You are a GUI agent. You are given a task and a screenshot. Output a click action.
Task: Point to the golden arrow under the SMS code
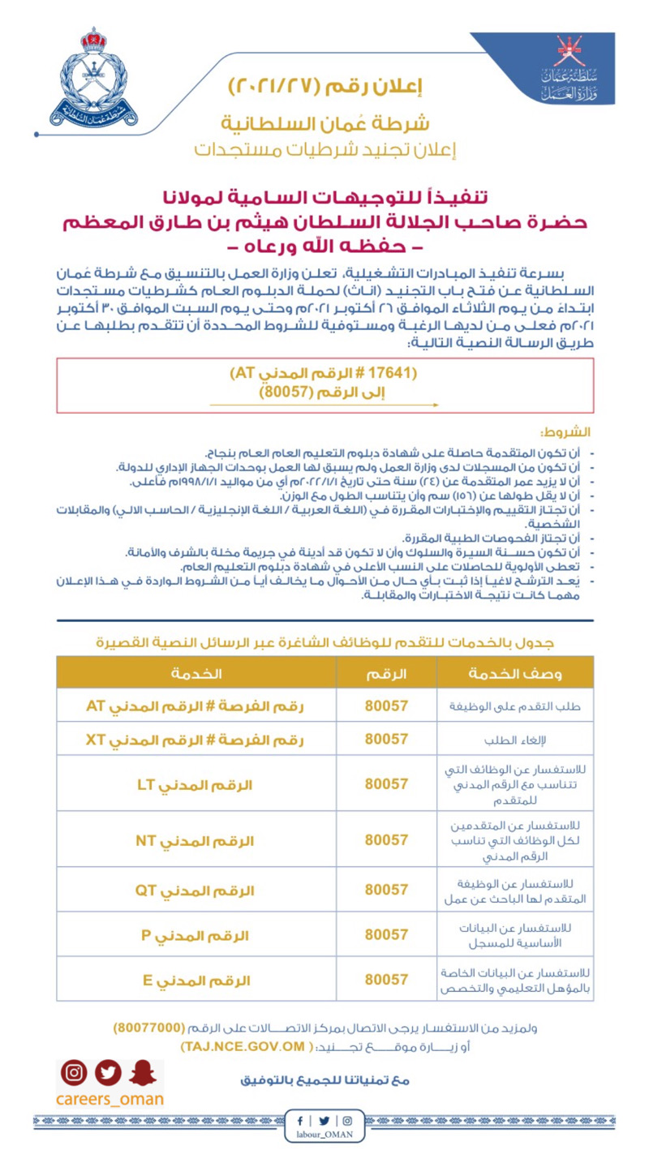coord(324,404)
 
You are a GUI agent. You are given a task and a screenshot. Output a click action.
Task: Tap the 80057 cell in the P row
coord(386,934)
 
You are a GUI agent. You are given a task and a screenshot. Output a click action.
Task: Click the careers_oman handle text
coord(110,1100)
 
